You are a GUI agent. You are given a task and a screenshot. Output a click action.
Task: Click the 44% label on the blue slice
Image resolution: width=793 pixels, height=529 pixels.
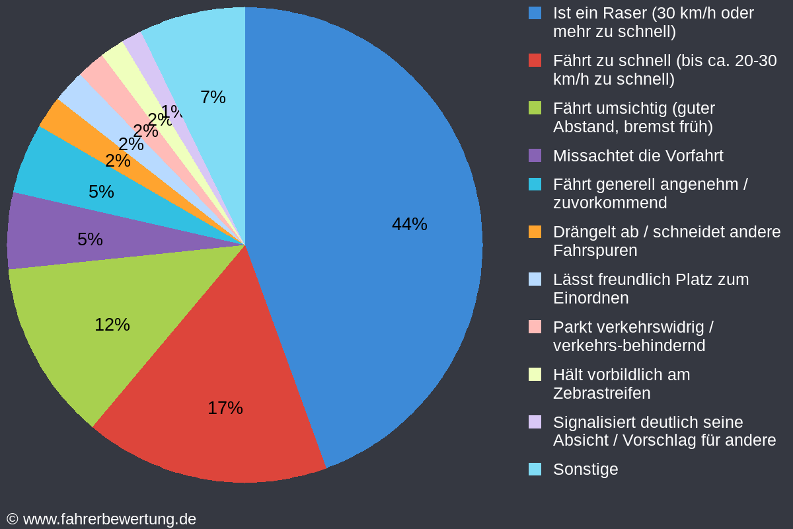[x=409, y=224]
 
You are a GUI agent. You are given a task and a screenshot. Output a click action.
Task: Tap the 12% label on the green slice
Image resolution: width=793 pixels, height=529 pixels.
[x=112, y=325]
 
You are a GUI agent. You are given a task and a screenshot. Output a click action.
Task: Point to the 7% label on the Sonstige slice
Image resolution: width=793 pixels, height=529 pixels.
[x=213, y=97]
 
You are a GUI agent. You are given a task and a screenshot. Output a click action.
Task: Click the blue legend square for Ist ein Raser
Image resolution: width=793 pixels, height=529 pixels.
[x=535, y=13]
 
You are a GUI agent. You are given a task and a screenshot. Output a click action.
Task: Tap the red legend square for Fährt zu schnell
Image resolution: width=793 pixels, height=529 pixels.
[x=535, y=60]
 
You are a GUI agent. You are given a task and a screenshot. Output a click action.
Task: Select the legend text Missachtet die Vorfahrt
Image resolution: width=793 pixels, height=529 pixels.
[x=638, y=156]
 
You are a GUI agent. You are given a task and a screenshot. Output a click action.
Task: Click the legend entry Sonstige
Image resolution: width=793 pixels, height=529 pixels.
[x=585, y=469]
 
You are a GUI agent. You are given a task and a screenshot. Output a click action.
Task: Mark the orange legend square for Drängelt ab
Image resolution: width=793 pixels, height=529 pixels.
[x=535, y=231]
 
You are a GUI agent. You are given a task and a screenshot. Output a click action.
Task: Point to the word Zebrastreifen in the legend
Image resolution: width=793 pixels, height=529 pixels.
[x=601, y=393]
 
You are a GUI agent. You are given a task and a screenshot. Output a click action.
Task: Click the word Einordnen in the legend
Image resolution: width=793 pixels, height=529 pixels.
[x=590, y=298]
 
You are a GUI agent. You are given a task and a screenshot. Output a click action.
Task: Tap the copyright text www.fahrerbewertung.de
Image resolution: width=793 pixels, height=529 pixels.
[x=109, y=519]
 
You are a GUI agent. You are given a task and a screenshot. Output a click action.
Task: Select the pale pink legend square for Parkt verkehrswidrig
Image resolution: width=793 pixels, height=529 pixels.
[x=535, y=327]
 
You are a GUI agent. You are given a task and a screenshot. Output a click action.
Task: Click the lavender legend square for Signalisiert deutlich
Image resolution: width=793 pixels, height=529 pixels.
[x=535, y=422]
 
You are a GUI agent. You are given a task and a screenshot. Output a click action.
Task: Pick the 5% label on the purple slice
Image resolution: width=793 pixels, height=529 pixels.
[x=90, y=239]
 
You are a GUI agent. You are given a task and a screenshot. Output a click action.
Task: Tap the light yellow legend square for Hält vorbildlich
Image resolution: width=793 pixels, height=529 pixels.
[x=535, y=374]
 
